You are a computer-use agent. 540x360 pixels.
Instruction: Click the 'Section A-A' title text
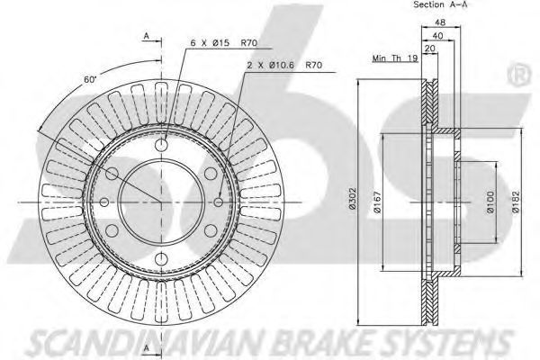[x=440, y=4]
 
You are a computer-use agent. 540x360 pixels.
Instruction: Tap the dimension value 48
[x=440, y=22]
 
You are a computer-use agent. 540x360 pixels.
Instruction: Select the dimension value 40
[x=437, y=35]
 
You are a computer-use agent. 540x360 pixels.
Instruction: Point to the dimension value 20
[x=430, y=49]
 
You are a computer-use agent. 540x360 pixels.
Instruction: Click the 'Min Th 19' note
[x=395, y=58]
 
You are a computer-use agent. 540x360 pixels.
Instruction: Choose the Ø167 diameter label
[x=377, y=202]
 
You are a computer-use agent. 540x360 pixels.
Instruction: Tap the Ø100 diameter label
[x=490, y=202]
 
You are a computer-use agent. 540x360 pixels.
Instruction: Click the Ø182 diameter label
[x=515, y=202]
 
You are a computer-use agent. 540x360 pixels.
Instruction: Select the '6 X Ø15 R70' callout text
[x=224, y=43]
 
